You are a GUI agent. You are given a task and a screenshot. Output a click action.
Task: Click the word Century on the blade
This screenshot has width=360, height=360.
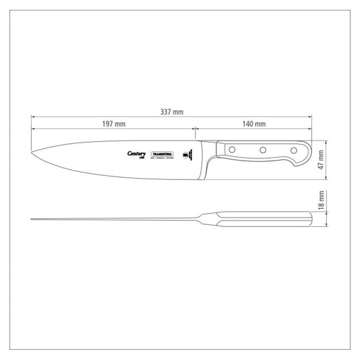coord(136,153)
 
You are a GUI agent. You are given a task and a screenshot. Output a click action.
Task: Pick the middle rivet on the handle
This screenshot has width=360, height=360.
coord(262,150)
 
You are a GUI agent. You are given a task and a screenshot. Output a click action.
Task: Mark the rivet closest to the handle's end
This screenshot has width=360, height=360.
coord(294,150)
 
